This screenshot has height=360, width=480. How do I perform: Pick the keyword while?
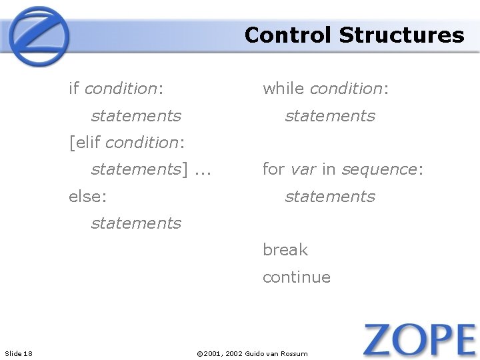pyautogui.click(x=283, y=89)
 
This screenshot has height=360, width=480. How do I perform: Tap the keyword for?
pyautogui.click(x=273, y=169)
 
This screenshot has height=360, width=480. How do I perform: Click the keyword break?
pyautogui.click(x=285, y=250)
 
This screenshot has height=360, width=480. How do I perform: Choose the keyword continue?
pyautogui.click(x=296, y=277)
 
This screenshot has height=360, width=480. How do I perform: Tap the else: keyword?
pyautogui.click(x=88, y=196)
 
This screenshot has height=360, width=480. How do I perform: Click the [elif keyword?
pyautogui.click(x=85, y=143)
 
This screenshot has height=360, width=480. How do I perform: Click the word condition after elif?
pyautogui.click(x=141, y=143)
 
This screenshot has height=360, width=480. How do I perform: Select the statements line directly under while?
pyautogui.click(x=330, y=116)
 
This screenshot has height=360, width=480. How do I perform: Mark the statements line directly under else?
pyautogui.click(x=136, y=223)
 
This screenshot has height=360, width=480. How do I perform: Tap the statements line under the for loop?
pyautogui.click(x=330, y=197)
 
